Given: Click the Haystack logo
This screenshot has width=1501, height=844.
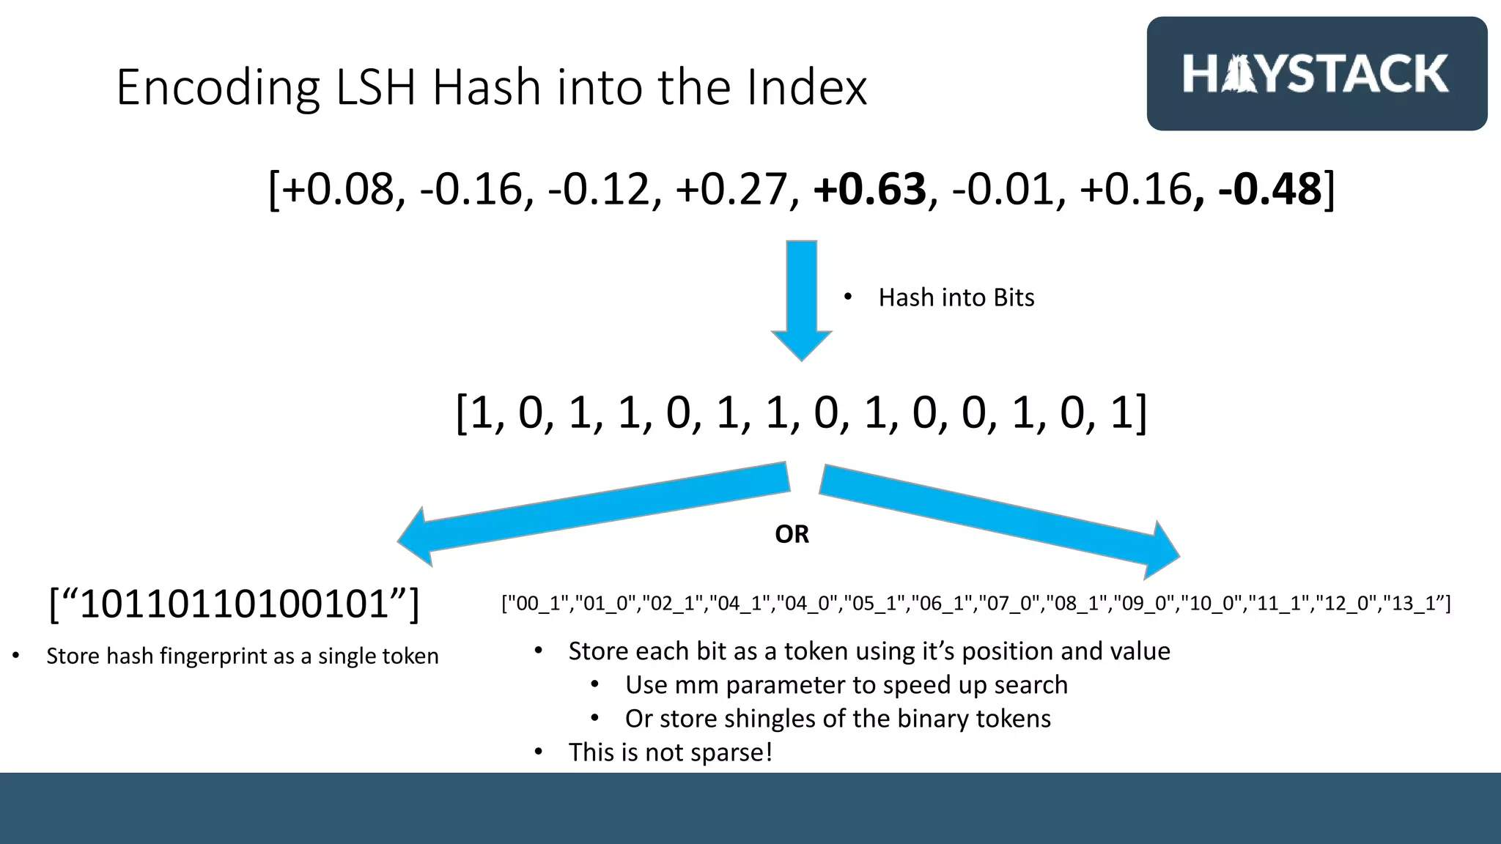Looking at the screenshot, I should click(x=1316, y=73).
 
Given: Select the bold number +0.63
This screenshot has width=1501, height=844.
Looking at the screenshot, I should click(x=869, y=189).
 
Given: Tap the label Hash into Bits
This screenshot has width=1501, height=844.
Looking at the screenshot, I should click(x=956, y=297).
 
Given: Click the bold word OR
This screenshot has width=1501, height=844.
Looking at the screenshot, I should click(x=792, y=534).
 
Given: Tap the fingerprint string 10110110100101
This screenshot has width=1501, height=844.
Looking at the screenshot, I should click(x=234, y=604).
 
